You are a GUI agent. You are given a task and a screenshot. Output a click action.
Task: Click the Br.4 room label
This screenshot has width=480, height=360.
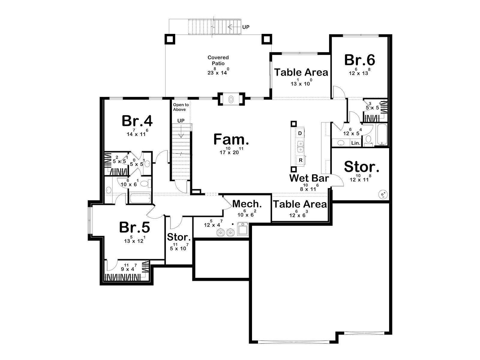pyautogui.click(x=137, y=121)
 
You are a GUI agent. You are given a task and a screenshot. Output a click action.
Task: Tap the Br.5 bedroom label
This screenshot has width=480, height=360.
pyautogui.click(x=134, y=227)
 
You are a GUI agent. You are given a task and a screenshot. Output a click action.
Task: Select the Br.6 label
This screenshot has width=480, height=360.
pyautogui.click(x=359, y=60)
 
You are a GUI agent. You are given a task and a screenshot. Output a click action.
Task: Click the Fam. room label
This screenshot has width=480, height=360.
pyautogui.click(x=231, y=139)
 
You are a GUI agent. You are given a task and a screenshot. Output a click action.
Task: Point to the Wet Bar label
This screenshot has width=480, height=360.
pyautogui.click(x=309, y=178)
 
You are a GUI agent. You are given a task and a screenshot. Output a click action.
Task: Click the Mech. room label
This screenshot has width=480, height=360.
pyautogui.click(x=247, y=204)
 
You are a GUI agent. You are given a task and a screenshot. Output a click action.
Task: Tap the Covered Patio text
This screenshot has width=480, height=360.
pyautogui.click(x=218, y=60)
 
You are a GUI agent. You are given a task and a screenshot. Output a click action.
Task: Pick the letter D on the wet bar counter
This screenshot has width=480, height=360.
pyautogui.click(x=300, y=133)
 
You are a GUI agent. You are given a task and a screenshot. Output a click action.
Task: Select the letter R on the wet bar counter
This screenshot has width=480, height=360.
pyautogui.click(x=301, y=160)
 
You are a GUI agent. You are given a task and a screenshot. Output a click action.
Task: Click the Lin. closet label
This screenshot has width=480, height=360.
pyautogui.click(x=355, y=143)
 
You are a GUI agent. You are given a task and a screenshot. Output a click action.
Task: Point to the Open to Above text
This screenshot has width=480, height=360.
pyautogui.click(x=181, y=107)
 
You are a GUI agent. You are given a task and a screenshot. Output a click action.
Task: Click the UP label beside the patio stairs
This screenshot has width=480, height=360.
pyautogui.click(x=246, y=27)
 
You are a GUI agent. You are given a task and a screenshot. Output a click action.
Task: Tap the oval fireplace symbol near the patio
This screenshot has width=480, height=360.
pyautogui.click(x=231, y=100)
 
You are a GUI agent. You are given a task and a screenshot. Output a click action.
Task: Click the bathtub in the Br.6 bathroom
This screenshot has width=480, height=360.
pyautogui.click(x=382, y=134)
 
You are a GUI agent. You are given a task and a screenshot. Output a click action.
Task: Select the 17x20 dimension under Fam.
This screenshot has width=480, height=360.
pyautogui.click(x=231, y=151)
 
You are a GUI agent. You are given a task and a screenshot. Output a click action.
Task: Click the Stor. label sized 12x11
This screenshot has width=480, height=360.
pyautogui.click(x=361, y=167)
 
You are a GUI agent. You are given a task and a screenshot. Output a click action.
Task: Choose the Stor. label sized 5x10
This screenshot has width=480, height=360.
pyautogui.click(x=179, y=237)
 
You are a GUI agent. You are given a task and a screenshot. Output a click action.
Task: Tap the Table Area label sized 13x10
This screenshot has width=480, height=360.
pyautogui.click(x=301, y=72)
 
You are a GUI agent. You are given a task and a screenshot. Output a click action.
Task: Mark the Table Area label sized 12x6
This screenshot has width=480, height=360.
pyautogui.click(x=300, y=204)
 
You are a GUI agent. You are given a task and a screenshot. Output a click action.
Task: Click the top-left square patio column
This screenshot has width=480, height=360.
pyautogui.click(x=170, y=39)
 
